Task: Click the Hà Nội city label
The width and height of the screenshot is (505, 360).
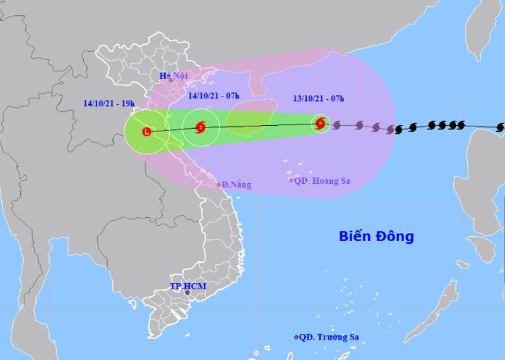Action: [174, 76]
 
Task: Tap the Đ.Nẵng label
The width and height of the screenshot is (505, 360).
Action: [237, 185]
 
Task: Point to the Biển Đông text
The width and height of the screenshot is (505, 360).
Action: [376, 237]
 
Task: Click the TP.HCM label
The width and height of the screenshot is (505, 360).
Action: [188, 286]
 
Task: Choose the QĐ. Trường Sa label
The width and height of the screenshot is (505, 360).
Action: [329, 337]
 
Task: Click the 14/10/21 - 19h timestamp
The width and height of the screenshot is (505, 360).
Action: [108, 102]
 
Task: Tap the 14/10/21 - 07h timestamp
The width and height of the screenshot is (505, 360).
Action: [214, 95]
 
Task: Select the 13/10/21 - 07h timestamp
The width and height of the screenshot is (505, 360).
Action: [319, 99]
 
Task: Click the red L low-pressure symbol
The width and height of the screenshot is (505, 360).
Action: [146, 132]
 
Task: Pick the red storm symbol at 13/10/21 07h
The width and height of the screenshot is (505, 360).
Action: [320, 124]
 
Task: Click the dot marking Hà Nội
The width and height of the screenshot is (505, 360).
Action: [170, 80]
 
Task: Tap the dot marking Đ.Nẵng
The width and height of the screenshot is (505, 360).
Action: [219, 185]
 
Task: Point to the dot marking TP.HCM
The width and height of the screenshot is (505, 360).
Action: [187, 293]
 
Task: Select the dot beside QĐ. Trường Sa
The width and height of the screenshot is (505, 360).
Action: [296, 337]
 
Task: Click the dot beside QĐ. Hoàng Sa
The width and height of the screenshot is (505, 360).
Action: [291, 181]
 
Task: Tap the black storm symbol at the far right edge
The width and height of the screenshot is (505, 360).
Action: [501, 127]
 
